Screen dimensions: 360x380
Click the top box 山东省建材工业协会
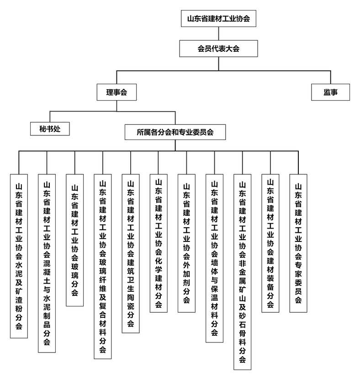(218, 18)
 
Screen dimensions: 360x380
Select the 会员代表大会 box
(218, 49)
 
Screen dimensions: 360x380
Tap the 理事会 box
(116, 92)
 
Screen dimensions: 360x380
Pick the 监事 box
(330, 92)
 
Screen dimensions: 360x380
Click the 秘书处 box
(50, 128)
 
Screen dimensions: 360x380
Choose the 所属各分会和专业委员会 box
(175, 132)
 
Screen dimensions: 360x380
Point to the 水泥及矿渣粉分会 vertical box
(19, 256)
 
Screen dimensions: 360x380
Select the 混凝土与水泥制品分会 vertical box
(47, 263)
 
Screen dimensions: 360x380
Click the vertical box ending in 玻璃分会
(75, 240)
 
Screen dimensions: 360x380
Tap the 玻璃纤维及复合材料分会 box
(103, 266)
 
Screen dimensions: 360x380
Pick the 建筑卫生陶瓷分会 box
(131, 253)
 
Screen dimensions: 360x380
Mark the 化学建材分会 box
(159, 243)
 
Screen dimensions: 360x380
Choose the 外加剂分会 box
(186, 243)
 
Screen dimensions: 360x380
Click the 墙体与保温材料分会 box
(215, 258)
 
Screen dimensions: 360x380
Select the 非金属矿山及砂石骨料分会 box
(242, 272)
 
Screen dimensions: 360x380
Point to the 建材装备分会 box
(270, 243)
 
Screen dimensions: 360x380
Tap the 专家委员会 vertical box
(298, 243)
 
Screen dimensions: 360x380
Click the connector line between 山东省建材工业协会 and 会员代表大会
(219, 33)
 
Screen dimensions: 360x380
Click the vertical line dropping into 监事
(330, 77)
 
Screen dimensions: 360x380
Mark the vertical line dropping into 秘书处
(50, 117)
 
